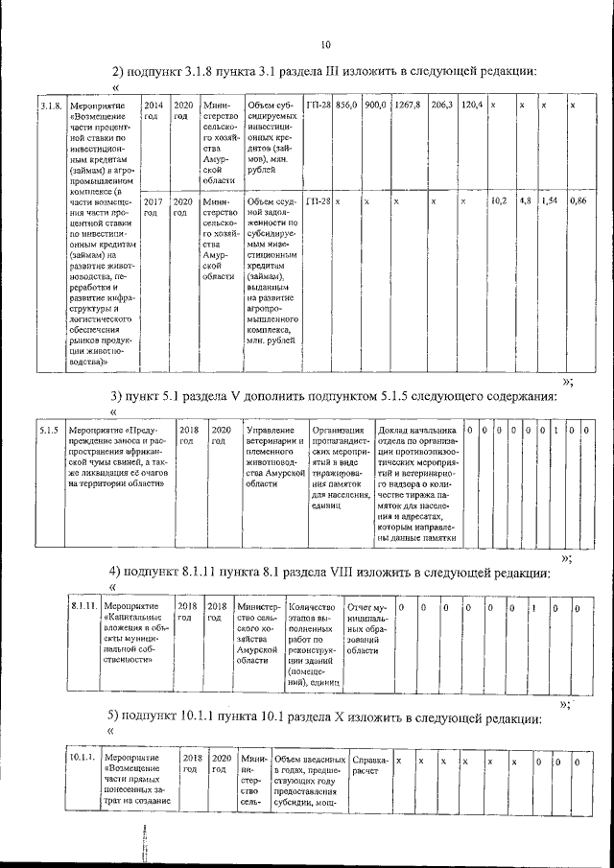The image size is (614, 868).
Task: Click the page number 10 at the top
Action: point(326,45)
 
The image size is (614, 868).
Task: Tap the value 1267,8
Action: point(407,104)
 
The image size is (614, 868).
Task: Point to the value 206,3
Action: point(441,104)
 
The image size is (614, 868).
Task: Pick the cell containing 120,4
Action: point(471,104)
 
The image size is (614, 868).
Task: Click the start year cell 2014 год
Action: point(153,109)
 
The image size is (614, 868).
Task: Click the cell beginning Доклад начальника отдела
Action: point(419,484)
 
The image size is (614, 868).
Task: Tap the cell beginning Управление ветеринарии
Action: point(274,457)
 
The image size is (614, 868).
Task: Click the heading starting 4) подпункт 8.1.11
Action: point(329,573)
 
